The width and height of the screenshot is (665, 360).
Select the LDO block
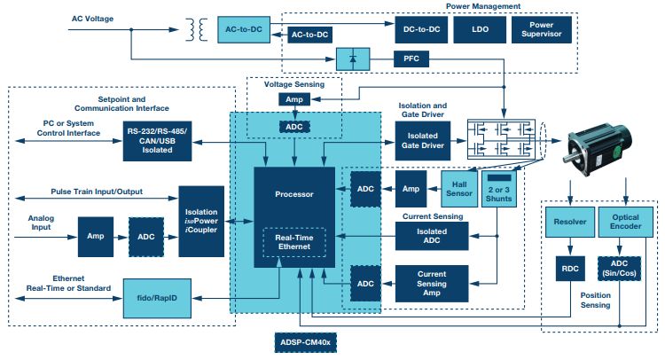point(479,30)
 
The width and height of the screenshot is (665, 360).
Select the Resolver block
point(567,223)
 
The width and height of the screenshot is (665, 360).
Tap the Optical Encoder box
point(626,223)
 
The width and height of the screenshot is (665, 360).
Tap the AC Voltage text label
point(91,16)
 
